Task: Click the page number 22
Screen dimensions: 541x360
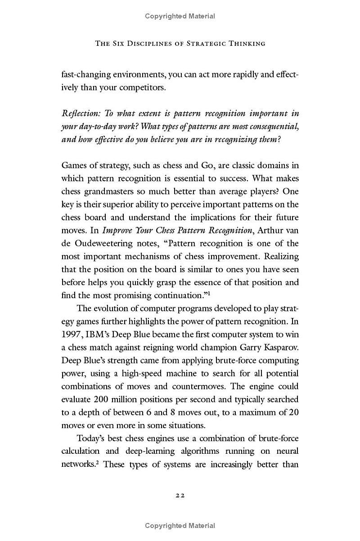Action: [180, 495]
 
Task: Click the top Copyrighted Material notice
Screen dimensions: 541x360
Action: [180, 16]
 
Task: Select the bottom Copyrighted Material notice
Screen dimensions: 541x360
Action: [180, 525]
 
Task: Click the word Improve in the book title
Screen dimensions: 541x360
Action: [117, 231]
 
